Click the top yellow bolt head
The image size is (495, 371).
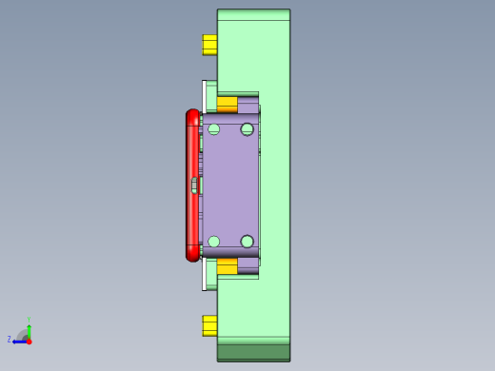(209, 45)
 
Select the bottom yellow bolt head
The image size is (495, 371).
(209, 325)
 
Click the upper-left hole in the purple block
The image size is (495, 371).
(213, 128)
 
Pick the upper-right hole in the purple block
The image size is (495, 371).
(247, 128)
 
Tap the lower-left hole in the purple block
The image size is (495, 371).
(213, 242)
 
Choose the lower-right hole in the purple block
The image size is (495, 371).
(247, 242)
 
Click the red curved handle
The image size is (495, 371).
(192, 185)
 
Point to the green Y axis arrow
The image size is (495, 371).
(30, 327)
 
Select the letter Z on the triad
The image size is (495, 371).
(10, 339)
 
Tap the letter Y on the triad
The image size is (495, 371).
(30, 320)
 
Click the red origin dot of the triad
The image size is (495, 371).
(29, 341)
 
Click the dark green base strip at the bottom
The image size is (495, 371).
(253, 353)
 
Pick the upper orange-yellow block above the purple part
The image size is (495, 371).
(227, 103)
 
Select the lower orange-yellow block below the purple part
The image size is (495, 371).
(227, 267)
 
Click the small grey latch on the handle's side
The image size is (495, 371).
(195, 185)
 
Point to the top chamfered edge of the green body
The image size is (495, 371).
(253, 14)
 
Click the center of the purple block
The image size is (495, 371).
(230, 185)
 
